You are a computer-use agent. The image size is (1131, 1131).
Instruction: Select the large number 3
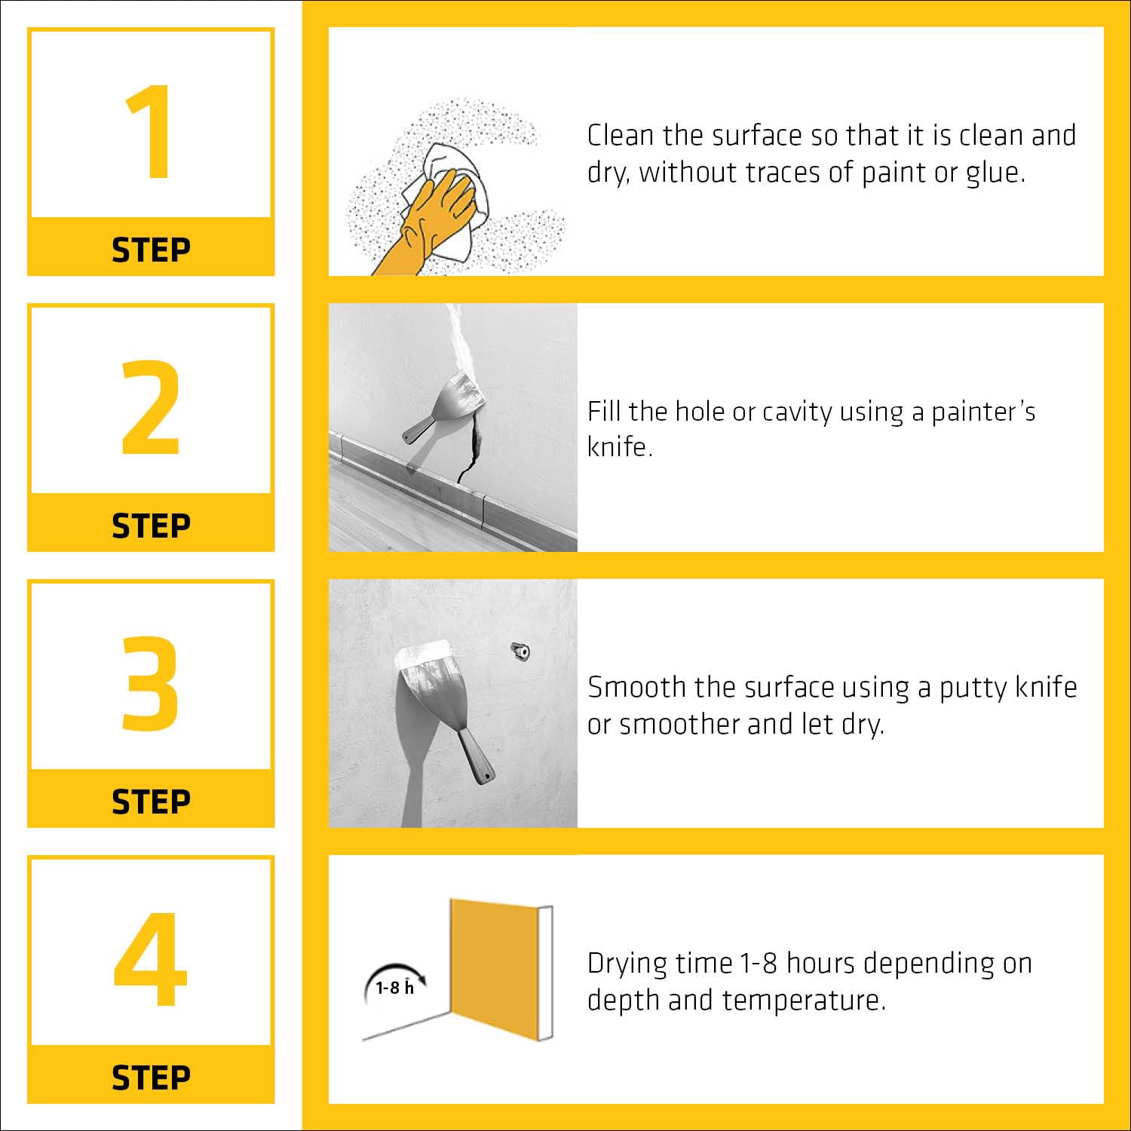point(151,683)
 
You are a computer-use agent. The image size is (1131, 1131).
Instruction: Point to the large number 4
point(151,959)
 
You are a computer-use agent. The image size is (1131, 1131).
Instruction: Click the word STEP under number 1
point(151,250)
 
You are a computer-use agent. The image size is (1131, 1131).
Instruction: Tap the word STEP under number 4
point(151,1078)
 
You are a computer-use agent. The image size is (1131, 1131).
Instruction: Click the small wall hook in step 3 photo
point(520,650)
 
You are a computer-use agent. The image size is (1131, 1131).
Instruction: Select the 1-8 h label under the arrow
point(395,987)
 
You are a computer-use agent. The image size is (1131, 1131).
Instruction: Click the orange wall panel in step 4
point(495,970)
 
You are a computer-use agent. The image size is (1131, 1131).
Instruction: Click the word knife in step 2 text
point(620,447)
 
